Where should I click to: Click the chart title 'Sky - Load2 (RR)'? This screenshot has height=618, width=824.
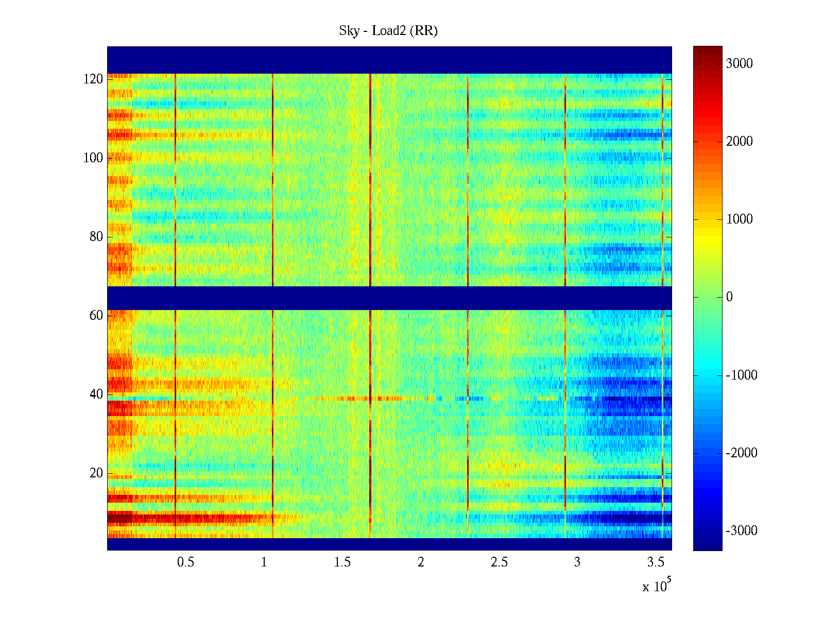[388, 31]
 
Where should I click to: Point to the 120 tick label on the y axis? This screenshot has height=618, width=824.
[93, 79]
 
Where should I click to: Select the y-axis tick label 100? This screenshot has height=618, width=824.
[93, 158]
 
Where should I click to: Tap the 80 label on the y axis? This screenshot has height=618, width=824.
[96, 237]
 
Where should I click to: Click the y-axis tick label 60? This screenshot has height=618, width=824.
[96, 316]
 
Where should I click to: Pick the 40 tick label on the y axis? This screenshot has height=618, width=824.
[96, 394]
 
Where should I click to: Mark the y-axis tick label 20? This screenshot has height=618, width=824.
[96, 473]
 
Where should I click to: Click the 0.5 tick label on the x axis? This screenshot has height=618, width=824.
[185, 562]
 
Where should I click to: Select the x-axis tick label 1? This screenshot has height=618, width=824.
[264, 562]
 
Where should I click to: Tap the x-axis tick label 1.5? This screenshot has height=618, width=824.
[342, 562]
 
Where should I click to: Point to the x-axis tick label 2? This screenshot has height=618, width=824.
[421, 562]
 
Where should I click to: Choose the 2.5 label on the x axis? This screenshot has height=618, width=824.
[499, 562]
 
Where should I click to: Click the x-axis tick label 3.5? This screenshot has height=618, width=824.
[656, 562]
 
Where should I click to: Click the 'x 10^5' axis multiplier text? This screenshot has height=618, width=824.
[657, 586]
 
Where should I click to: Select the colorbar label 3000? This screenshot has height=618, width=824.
[740, 64]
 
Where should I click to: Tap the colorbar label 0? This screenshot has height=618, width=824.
[729, 297]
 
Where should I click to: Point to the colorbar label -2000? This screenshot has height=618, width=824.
[742, 453]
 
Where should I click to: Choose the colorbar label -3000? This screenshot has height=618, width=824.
[742, 531]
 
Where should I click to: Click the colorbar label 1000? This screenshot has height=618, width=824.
[740, 219]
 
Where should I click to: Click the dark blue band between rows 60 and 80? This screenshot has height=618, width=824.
[389, 298]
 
